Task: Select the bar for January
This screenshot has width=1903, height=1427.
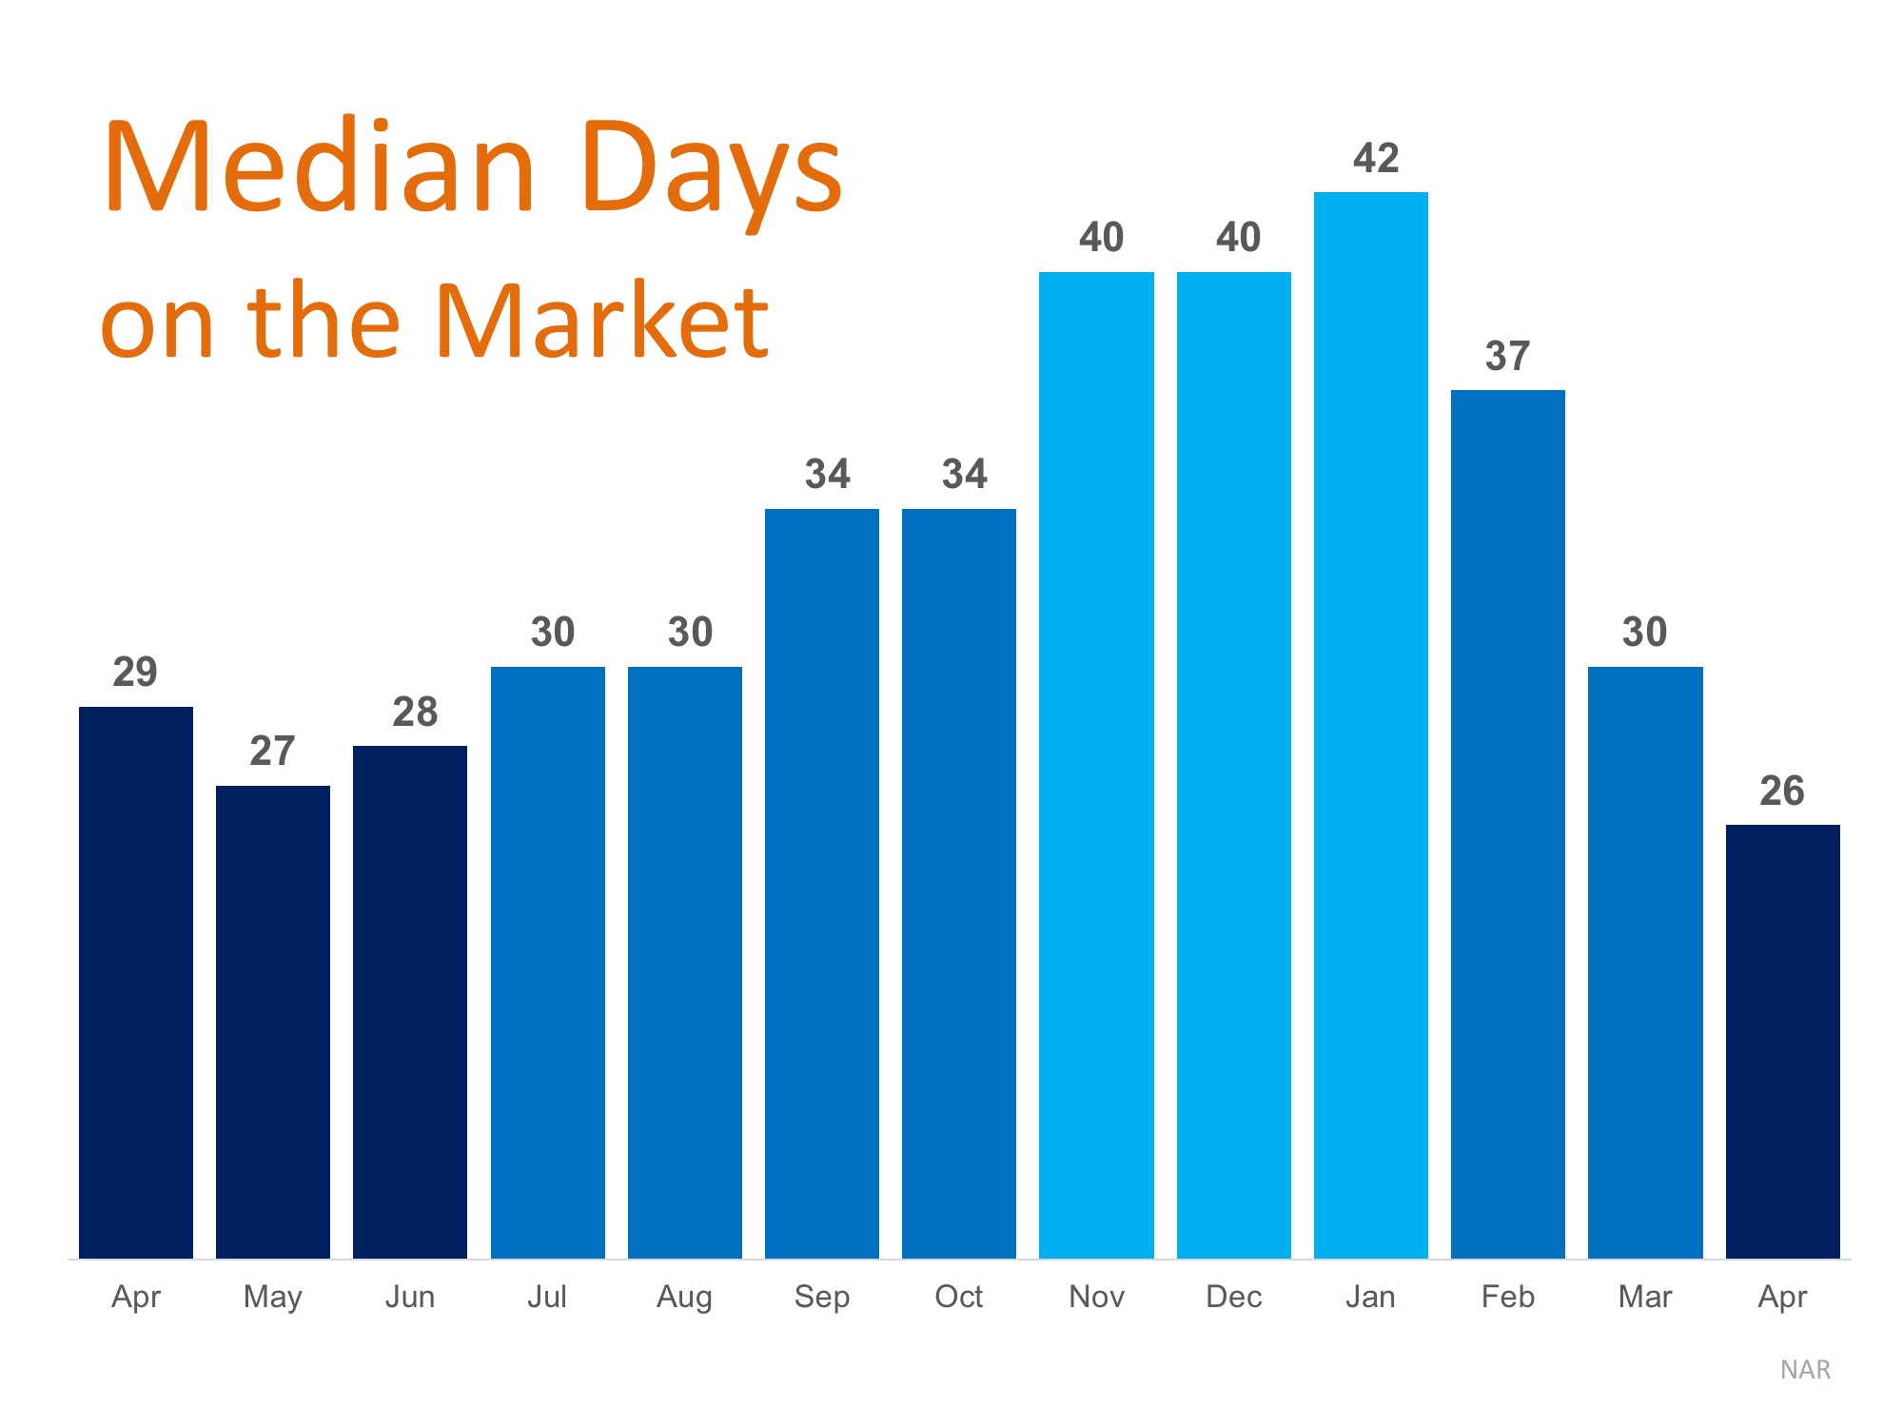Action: (1370, 725)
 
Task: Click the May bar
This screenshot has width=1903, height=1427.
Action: (273, 1022)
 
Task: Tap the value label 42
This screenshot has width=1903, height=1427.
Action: (1376, 158)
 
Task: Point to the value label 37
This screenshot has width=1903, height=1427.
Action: (1507, 356)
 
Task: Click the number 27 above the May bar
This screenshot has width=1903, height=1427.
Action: (272, 751)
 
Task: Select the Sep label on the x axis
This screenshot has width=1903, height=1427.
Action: (822, 1297)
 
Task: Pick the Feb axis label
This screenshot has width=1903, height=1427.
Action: (1508, 1296)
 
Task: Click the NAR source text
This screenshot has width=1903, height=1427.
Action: (1805, 1370)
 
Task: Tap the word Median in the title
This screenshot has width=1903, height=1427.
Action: (320, 166)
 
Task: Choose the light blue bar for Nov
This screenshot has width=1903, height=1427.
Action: (1096, 765)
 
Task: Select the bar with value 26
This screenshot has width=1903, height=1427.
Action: (1783, 1042)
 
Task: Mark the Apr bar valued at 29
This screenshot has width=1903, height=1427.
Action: (136, 983)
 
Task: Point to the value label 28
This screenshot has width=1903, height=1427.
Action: (415, 712)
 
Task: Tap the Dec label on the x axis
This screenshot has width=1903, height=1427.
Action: (1234, 1296)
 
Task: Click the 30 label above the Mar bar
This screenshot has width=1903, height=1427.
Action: (1644, 632)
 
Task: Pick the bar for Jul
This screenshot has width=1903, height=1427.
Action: (548, 963)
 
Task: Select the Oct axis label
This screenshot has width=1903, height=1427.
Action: (959, 1296)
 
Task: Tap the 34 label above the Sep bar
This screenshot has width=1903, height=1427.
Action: (828, 474)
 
